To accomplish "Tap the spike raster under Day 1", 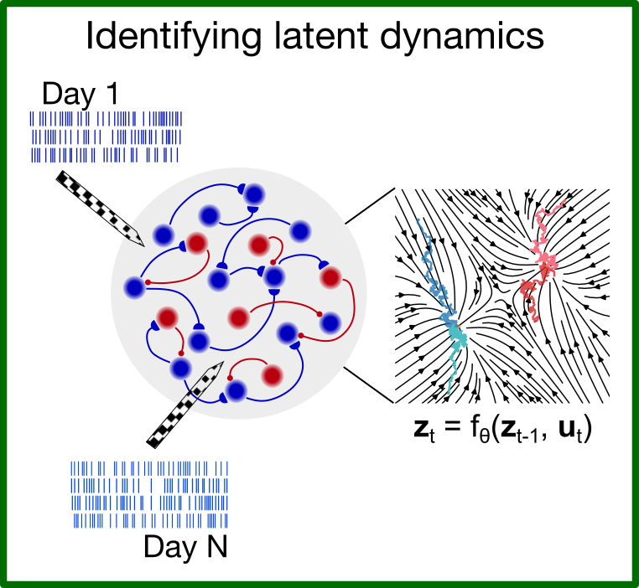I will [106, 137].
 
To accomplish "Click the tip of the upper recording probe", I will [143, 245].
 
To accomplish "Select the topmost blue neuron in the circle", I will [253, 194].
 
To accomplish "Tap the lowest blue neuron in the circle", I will [236, 389].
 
